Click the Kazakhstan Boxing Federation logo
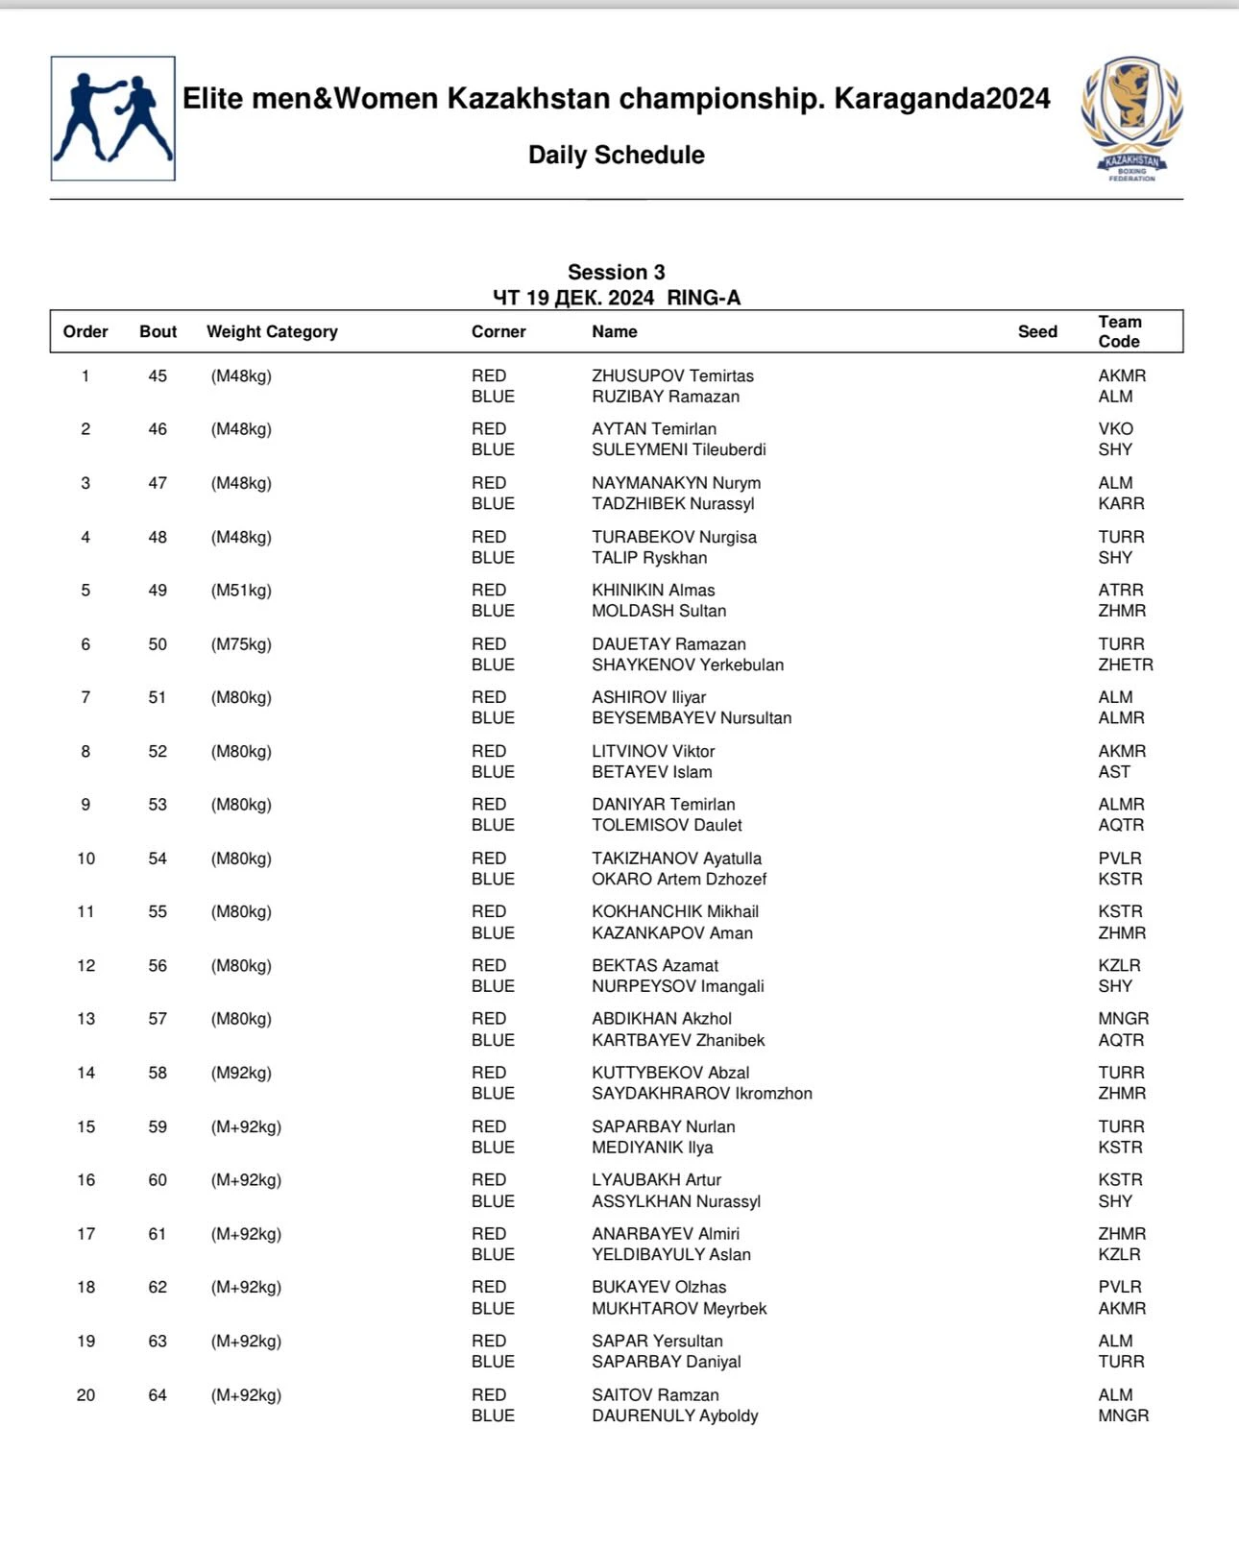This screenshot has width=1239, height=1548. coord(1131,118)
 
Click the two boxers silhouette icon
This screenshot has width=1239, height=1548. coord(113,118)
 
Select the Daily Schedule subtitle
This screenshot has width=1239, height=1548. coord(616,155)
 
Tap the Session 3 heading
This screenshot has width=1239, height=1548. coord(616,272)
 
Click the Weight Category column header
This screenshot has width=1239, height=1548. coord(272,331)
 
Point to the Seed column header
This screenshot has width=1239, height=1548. coord(1037,331)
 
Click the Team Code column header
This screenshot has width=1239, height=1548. coord(1120,331)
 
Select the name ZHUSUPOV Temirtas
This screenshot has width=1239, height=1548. coord(672,375)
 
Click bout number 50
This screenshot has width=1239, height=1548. coord(158,644)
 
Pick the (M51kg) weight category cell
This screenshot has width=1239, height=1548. coord(241,590)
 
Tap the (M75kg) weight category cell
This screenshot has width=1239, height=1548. coord(241,644)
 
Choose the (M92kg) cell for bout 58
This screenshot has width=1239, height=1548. coord(241,1073)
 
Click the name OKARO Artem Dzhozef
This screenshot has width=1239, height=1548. coord(679,879)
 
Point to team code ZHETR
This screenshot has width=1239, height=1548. coord(1126,665)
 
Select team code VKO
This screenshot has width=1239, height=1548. coord(1116,428)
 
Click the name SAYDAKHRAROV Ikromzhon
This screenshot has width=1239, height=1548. coord(702,1093)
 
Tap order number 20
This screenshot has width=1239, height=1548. coord(85,1395)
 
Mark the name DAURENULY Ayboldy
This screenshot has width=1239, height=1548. coord(675,1415)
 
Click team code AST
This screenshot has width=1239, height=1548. coord(1114,771)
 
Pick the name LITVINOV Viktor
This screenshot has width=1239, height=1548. coord(653,751)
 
